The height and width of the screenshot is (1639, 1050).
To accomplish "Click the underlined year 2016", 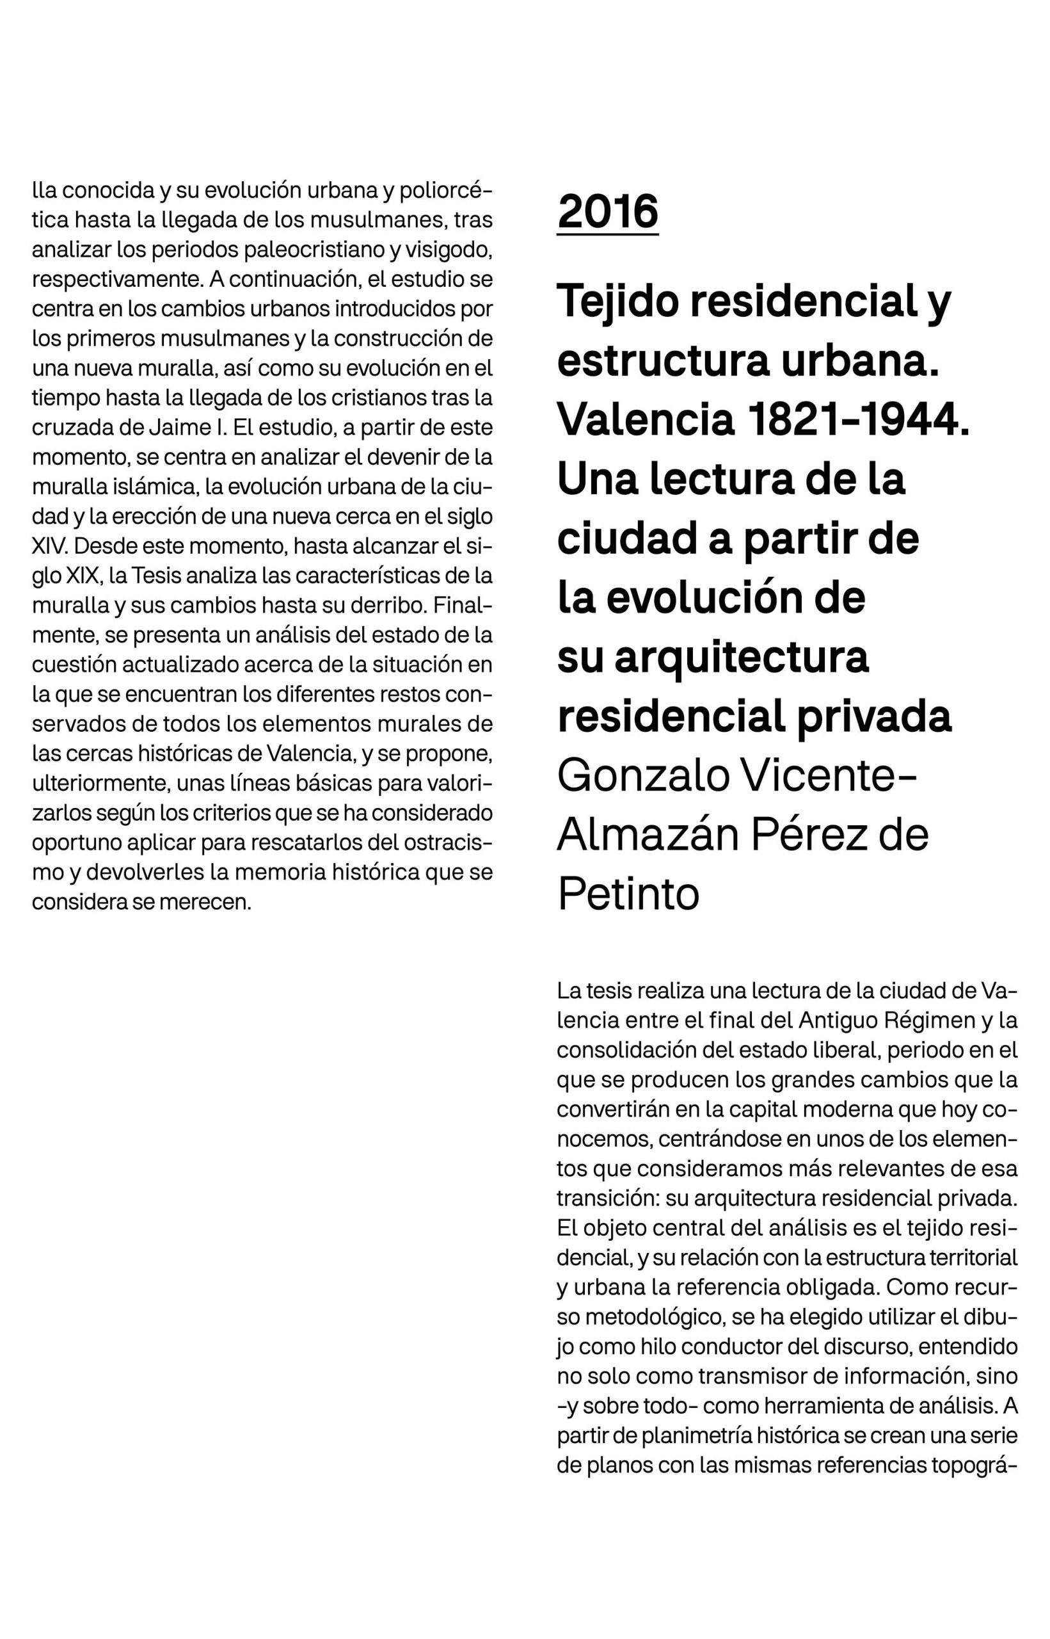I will point(607,211).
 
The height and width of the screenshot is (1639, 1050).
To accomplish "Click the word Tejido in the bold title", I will point(618,302).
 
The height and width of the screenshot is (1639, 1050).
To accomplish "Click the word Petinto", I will point(628,894).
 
